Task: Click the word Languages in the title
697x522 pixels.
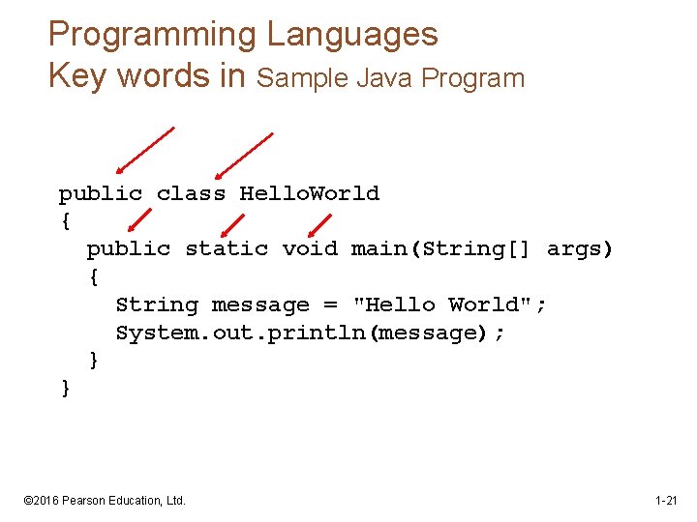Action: [x=352, y=36]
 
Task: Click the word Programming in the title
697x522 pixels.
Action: [x=153, y=36]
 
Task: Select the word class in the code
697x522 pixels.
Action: [x=191, y=193]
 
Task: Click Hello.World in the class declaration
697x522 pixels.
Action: [x=309, y=193]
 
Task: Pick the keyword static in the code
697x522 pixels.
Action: [x=227, y=249]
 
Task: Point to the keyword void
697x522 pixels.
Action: [x=310, y=249]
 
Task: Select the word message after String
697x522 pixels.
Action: [x=260, y=305]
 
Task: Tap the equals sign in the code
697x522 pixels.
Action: [x=330, y=305]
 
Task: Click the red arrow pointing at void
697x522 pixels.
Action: [x=317, y=224]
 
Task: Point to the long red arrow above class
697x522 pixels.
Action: [x=244, y=156]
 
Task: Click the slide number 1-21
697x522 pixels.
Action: [x=666, y=501]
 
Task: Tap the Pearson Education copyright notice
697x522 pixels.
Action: [x=105, y=501]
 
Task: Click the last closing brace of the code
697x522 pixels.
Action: [x=65, y=389]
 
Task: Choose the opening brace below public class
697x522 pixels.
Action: [x=65, y=221]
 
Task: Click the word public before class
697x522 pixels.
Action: [x=100, y=193]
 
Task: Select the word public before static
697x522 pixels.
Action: [x=128, y=249]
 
